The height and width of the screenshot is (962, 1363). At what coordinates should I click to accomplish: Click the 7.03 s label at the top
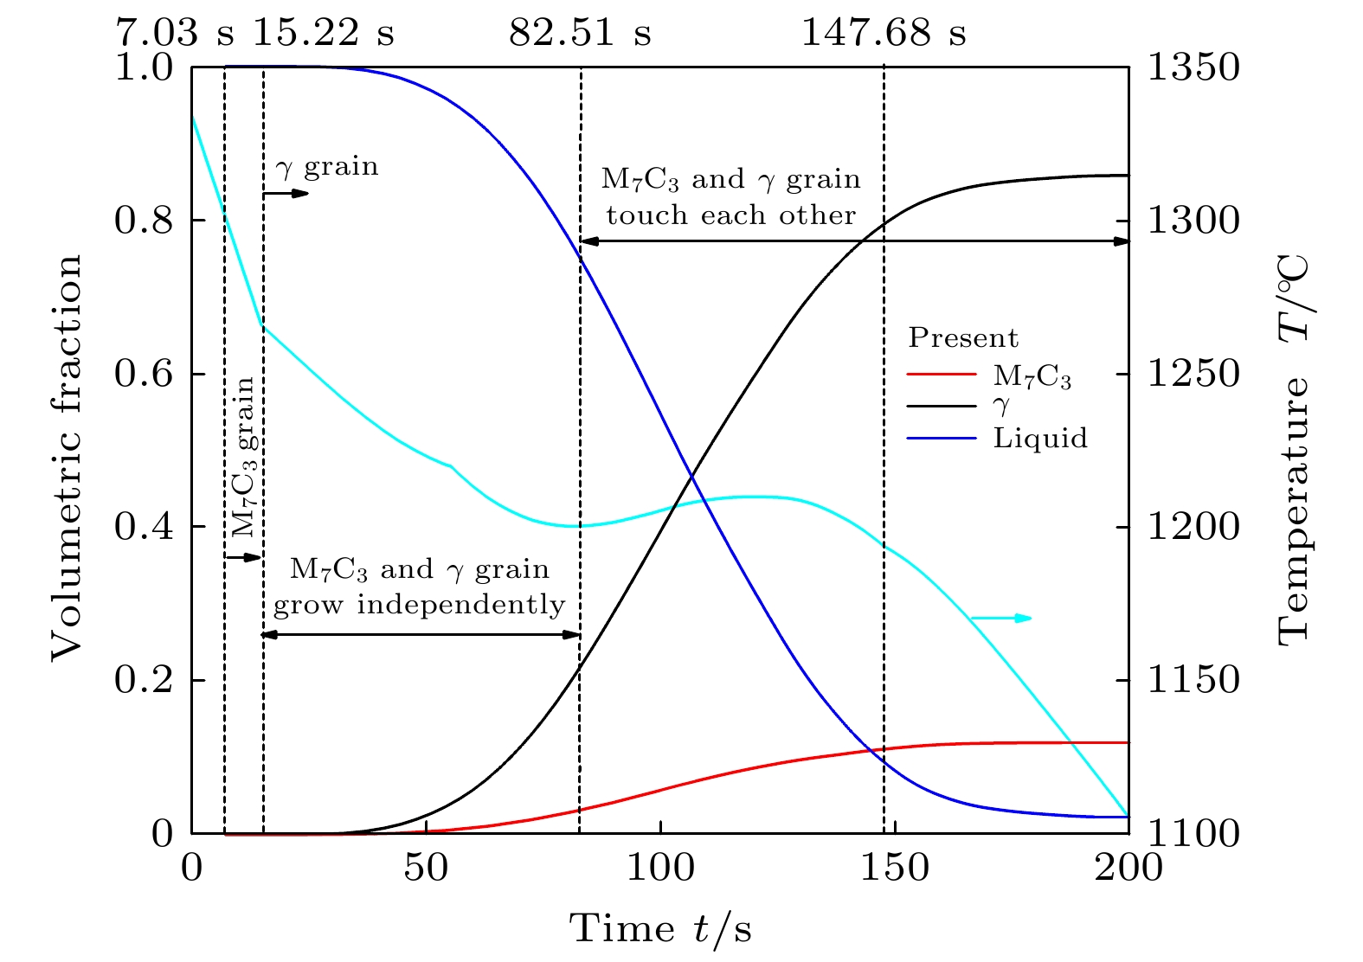[x=175, y=34]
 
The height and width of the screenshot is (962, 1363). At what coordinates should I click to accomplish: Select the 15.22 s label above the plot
[x=323, y=34]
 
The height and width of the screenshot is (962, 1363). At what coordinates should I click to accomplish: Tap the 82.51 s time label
[x=580, y=34]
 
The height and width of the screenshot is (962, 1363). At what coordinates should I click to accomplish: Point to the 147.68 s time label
[x=884, y=34]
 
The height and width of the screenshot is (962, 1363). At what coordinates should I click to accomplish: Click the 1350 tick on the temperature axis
[x=1193, y=67]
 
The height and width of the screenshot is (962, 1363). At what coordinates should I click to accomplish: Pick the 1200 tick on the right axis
[x=1193, y=527]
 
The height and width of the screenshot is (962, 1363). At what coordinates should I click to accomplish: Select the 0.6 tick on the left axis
[x=143, y=374]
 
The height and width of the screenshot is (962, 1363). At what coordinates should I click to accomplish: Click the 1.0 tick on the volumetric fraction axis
[x=143, y=67]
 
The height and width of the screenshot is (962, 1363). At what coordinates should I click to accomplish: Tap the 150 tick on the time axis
[x=894, y=867]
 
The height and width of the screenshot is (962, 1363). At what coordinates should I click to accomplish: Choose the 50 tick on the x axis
[x=426, y=867]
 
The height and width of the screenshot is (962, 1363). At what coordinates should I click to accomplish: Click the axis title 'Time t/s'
[x=660, y=929]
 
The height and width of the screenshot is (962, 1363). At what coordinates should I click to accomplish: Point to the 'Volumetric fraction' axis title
[x=67, y=457]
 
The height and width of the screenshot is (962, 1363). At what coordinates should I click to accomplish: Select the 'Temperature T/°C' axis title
[x=1294, y=450]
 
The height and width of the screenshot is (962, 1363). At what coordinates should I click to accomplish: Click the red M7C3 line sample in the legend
[x=942, y=375]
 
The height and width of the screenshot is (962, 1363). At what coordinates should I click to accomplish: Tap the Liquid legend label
[x=1040, y=438]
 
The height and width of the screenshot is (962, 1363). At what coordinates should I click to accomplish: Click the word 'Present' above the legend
[x=963, y=337]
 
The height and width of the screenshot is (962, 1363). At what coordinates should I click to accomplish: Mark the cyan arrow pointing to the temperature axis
[x=1001, y=618]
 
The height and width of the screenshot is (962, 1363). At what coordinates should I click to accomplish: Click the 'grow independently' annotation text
[x=419, y=604]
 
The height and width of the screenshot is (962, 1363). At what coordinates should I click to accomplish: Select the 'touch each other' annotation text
[x=731, y=215]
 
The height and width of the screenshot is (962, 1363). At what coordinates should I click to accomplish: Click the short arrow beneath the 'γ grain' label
[x=286, y=193]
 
